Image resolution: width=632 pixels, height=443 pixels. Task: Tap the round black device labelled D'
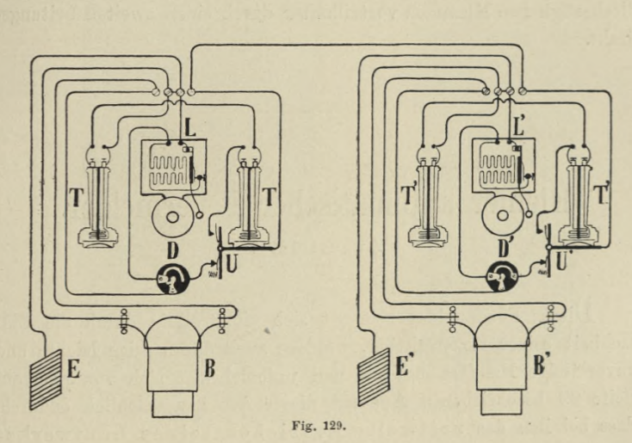(x=505, y=275)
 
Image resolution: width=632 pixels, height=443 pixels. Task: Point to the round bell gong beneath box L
(x=171, y=217)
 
